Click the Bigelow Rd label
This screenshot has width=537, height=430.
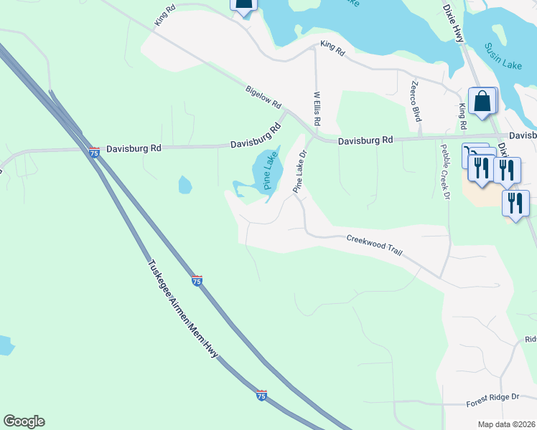tap(263, 97)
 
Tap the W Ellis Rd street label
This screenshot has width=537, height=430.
tap(316, 107)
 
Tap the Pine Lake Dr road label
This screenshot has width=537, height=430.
tap(299, 171)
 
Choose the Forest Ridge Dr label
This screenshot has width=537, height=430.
tap(492, 401)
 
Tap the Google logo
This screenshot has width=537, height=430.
tap(24, 421)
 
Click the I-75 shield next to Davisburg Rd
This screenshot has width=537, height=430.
tap(94, 151)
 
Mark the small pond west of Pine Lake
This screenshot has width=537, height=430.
tap(185, 185)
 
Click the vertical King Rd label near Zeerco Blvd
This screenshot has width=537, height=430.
tap(462, 116)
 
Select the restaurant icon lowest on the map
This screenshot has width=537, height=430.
tap(515, 203)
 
